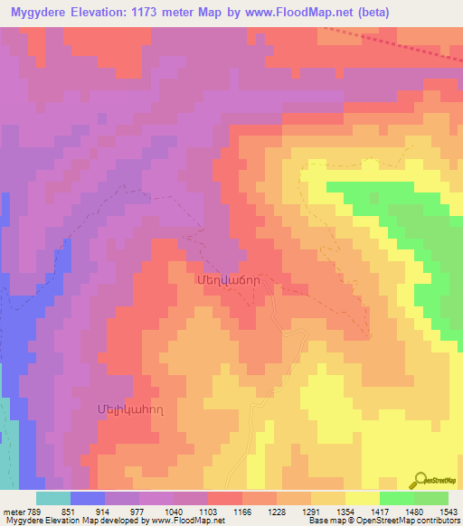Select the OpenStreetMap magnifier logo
(420, 481)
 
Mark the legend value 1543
(449, 510)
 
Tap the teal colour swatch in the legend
(52, 497)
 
